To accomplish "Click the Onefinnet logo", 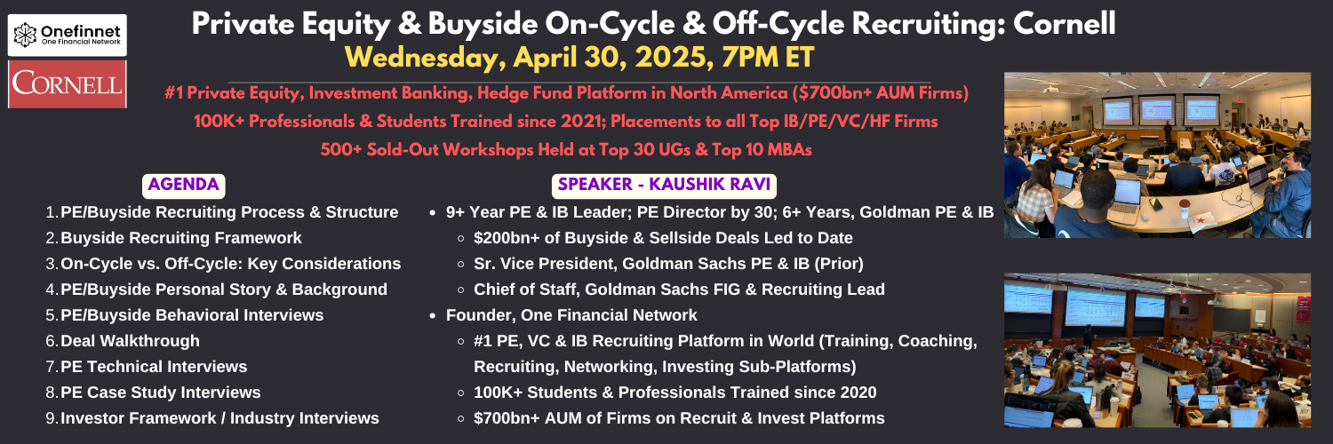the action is pyautogui.click(x=68, y=35).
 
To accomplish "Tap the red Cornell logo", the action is pyautogui.click(x=68, y=83).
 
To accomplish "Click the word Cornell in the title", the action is pyautogui.click(x=1064, y=24).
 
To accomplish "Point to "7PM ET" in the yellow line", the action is pyautogui.click(x=768, y=58).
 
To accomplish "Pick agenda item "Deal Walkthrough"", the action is pyautogui.click(x=131, y=341).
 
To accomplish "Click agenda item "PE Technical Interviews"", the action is pyautogui.click(x=154, y=367).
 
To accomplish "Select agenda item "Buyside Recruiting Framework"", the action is pyautogui.click(x=181, y=238).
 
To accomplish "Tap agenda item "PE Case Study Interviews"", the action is pyautogui.click(x=161, y=392).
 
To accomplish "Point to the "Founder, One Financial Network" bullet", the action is pyautogui.click(x=571, y=315).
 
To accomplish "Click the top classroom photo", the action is pyautogui.click(x=1157, y=155).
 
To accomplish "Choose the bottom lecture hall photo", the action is pyautogui.click(x=1157, y=350).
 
